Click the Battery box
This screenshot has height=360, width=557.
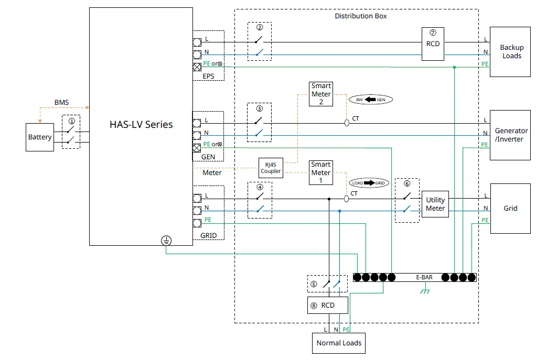[40, 137]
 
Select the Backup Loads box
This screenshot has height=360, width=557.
[511, 52]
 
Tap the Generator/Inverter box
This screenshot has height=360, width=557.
[511, 135]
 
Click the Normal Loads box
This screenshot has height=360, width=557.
[339, 344]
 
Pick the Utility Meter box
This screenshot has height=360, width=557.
[435, 204]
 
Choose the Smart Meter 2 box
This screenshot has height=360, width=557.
[321, 94]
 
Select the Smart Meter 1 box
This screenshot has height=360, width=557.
[321, 172]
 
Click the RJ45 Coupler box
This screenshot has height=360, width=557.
[271, 168]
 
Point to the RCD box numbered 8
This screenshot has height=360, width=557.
[328, 306]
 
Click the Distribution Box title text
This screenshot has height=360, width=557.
[361, 16]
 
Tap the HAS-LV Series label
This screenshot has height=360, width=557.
[141, 125]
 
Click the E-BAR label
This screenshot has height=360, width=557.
[424, 277]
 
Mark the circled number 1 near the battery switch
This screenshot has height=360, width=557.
[71, 121]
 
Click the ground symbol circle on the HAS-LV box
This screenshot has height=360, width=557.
[166, 241]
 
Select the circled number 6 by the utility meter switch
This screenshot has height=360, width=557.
[406, 184]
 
